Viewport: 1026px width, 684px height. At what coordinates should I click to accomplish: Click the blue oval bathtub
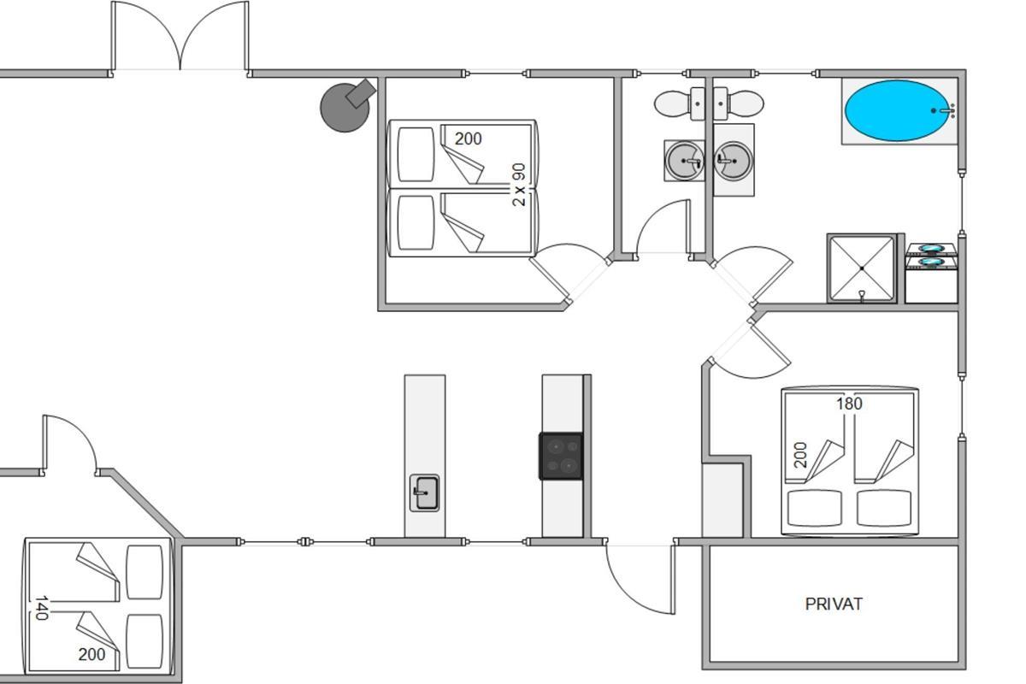(897, 111)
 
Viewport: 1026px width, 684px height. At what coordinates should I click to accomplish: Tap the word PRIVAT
(834, 604)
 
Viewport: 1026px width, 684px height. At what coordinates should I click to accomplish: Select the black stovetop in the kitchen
(562, 457)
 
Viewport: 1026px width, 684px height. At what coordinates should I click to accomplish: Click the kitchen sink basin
(425, 493)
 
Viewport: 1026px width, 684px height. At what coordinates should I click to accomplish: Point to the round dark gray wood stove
(345, 107)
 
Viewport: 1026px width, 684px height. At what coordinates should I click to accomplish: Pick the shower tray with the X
(862, 268)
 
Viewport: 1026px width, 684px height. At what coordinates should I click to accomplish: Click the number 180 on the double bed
(849, 404)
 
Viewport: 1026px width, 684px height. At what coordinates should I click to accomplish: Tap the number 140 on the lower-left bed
(42, 608)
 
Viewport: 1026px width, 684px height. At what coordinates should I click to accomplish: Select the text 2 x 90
(519, 185)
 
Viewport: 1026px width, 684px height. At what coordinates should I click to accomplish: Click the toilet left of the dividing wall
(679, 104)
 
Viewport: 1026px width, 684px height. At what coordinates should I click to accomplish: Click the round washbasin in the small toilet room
(684, 161)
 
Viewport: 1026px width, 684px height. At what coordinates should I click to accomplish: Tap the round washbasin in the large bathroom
(734, 161)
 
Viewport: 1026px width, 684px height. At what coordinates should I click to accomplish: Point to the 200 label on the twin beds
(469, 139)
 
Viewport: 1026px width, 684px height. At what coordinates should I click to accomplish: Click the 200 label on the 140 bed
(91, 655)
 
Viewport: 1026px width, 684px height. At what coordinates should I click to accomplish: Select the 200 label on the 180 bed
(800, 455)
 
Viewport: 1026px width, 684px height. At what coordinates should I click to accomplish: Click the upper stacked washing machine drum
(931, 249)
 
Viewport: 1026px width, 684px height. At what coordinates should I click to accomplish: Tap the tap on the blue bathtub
(945, 110)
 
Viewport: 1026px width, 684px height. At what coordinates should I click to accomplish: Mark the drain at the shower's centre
(862, 268)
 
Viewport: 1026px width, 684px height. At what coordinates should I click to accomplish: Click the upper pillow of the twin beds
(416, 155)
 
